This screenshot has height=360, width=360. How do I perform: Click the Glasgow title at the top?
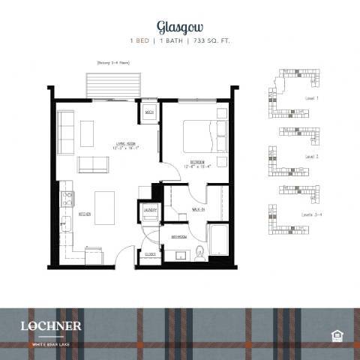tap(179, 27)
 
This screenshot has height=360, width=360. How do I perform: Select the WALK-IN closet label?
tap(199, 209)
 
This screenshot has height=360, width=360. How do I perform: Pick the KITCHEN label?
tap(84, 214)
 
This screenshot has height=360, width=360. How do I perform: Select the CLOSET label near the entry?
tap(150, 254)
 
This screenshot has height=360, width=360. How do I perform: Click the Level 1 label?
tap(312, 98)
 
